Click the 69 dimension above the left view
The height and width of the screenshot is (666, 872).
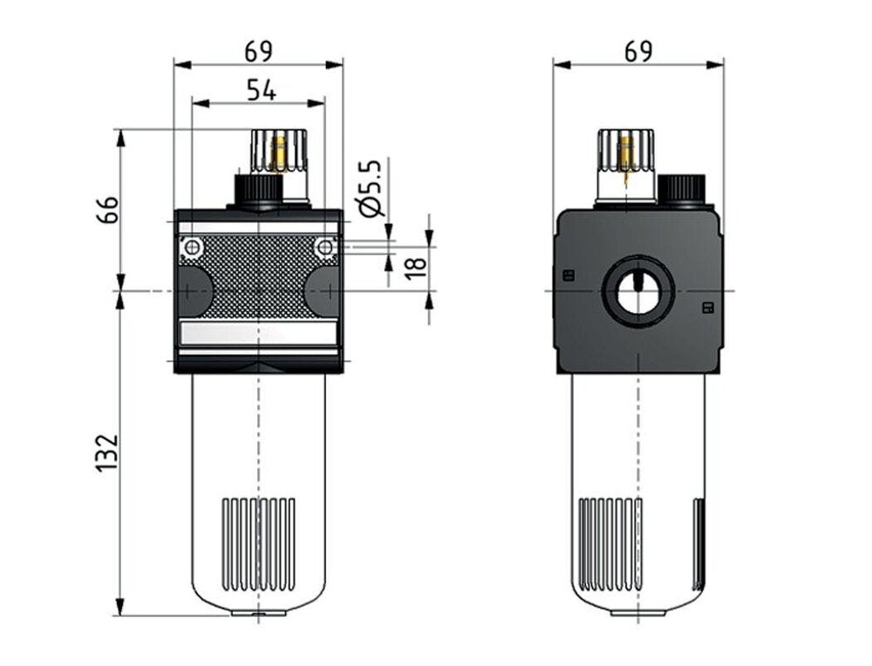point(258,51)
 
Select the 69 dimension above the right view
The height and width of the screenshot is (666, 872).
point(638,51)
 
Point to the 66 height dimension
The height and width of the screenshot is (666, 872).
point(106,209)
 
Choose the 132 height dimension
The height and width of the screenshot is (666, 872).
point(106,452)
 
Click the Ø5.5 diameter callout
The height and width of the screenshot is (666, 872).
point(371,187)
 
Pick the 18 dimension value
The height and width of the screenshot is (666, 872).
point(416,262)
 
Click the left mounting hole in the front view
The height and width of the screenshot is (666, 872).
point(191,249)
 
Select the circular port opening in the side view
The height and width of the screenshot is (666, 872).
point(639,291)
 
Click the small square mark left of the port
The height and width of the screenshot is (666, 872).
point(569,275)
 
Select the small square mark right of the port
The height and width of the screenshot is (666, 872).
point(707,307)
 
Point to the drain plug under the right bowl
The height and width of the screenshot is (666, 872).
point(638,612)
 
